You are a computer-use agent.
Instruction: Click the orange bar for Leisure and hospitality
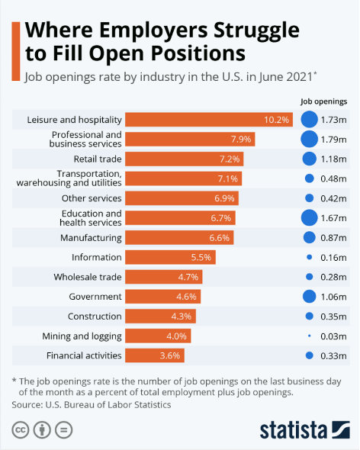tap(209, 120)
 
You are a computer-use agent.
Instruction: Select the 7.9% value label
tap(241, 139)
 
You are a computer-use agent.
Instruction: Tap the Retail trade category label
tap(98, 159)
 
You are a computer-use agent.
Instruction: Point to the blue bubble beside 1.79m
tap(309, 139)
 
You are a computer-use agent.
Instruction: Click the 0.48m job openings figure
tap(333, 178)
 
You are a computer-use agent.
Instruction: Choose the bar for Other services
tap(182, 198)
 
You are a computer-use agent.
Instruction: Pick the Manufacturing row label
tap(91, 238)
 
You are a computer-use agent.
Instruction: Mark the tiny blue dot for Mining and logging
tap(309, 336)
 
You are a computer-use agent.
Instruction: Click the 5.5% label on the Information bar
tap(201, 257)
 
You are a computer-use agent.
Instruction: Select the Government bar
tap(162, 297)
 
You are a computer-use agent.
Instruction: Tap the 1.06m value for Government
tap(333, 297)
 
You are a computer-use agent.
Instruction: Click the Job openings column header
tap(324, 101)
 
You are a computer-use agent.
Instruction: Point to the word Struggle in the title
tap(256, 31)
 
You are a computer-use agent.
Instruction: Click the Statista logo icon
tap(341, 429)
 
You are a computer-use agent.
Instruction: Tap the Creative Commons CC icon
tap(21, 430)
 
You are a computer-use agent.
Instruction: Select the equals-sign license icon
tap(63, 430)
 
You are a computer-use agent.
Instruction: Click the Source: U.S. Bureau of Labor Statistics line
tap(92, 405)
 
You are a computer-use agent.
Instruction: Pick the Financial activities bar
tap(155, 355)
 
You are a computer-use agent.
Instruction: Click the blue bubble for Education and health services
tap(309, 218)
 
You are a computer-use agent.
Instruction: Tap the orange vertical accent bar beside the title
tap(16, 51)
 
